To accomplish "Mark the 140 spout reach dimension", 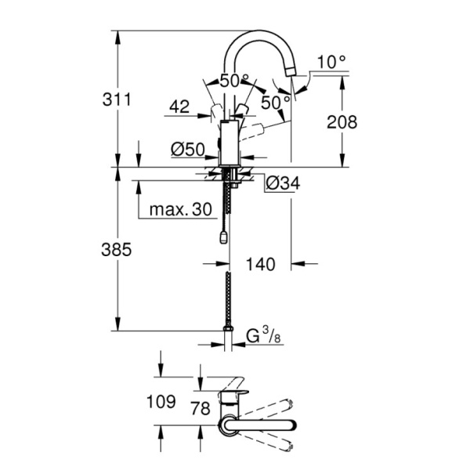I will pos(260,265).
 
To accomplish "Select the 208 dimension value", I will pos(342,122).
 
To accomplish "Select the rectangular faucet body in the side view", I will pos(229,143).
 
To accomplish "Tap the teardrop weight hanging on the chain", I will pos(226,237).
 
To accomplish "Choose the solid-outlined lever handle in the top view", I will pos(258,426).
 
